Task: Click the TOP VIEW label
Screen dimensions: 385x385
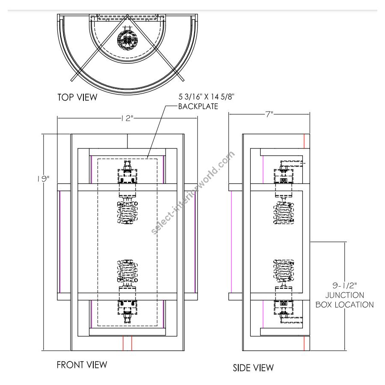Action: point(77,97)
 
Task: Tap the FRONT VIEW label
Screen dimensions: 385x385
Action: point(82,364)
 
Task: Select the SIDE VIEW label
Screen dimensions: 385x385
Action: point(253,367)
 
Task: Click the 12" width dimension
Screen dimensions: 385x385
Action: point(127,118)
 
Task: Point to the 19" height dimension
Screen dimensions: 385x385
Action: point(44,179)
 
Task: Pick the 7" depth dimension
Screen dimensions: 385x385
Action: point(269,114)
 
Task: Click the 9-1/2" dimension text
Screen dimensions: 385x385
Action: point(344,285)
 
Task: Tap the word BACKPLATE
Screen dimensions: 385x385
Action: point(198,107)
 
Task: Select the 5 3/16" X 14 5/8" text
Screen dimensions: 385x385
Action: point(207,97)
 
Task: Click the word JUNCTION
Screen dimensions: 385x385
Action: point(344,295)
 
